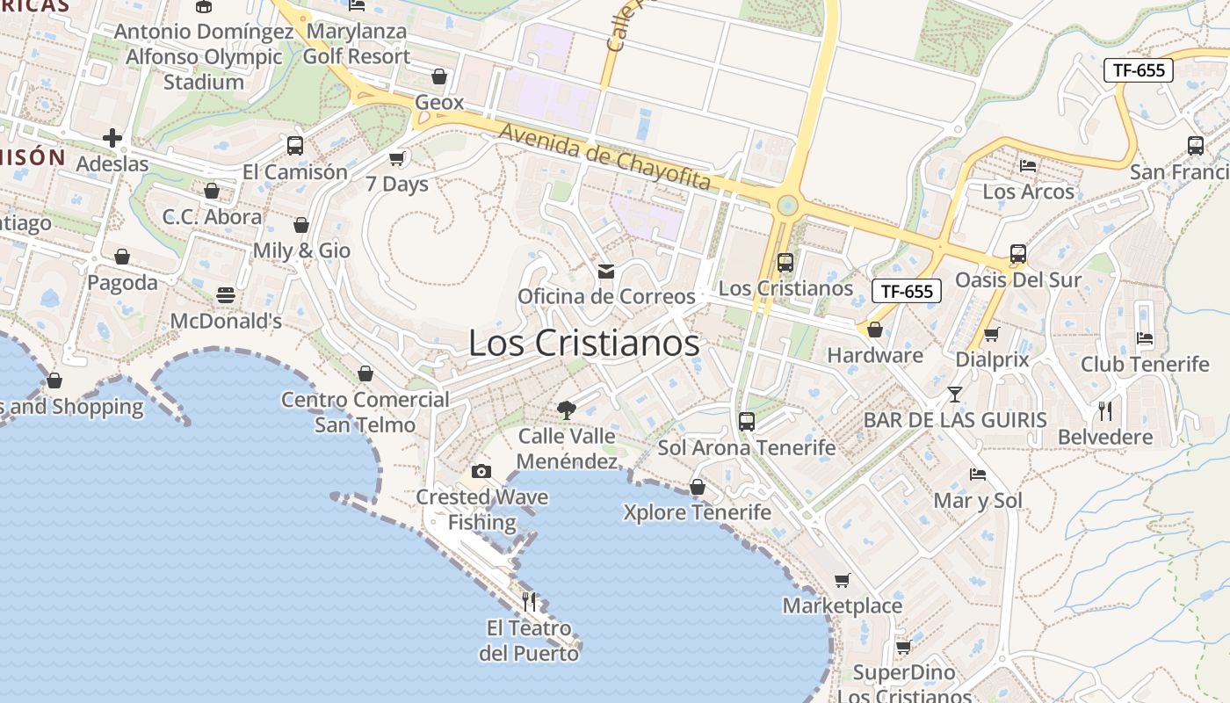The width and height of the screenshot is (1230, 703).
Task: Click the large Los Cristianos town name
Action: pyautogui.click(x=584, y=343)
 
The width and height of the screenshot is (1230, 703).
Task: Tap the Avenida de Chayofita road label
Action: pyautogui.click(x=604, y=156)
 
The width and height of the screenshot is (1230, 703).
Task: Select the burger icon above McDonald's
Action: pyautogui.click(x=226, y=295)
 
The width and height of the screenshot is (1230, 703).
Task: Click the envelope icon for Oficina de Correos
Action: pyautogui.click(x=606, y=272)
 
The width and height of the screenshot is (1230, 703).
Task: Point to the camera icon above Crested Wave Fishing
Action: pyautogui.click(x=481, y=472)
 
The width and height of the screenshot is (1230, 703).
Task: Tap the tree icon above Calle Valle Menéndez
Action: pyautogui.click(x=567, y=409)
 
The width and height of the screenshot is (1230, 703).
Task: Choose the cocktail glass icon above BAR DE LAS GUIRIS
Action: pyautogui.click(x=955, y=394)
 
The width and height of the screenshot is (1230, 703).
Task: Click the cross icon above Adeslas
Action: pyautogui.click(x=112, y=138)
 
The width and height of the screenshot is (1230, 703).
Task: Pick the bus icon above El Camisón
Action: pyautogui.click(x=295, y=146)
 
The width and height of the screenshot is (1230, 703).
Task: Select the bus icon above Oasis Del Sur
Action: pyautogui.click(x=1018, y=255)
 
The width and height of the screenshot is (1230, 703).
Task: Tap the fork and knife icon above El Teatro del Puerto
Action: pyautogui.click(x=529, y=602)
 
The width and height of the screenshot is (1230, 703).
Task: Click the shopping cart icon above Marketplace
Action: pyautogui.click(x=843, y=580)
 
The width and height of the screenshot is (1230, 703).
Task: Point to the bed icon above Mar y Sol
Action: pyautogui.click(x=978, y=475)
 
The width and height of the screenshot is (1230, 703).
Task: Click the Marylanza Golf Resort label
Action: pyautogui.click(x=356, y=44)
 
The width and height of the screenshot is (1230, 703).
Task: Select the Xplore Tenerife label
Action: pyautogui.click(x=697, y=512)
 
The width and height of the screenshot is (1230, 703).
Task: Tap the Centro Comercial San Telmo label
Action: pyautogui.click(x=365, y=412)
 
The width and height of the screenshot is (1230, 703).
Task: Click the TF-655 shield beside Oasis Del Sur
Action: pyautogui.click(x=907, y=292)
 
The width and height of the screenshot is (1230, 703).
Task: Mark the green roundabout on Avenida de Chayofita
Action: pyautogui.click(x=786, y=206)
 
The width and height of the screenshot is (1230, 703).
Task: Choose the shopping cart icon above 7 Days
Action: pyautogui.click(x=397, y=158)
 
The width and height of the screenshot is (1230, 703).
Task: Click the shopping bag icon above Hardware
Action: pyautogui.click(x=875, y=330)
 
